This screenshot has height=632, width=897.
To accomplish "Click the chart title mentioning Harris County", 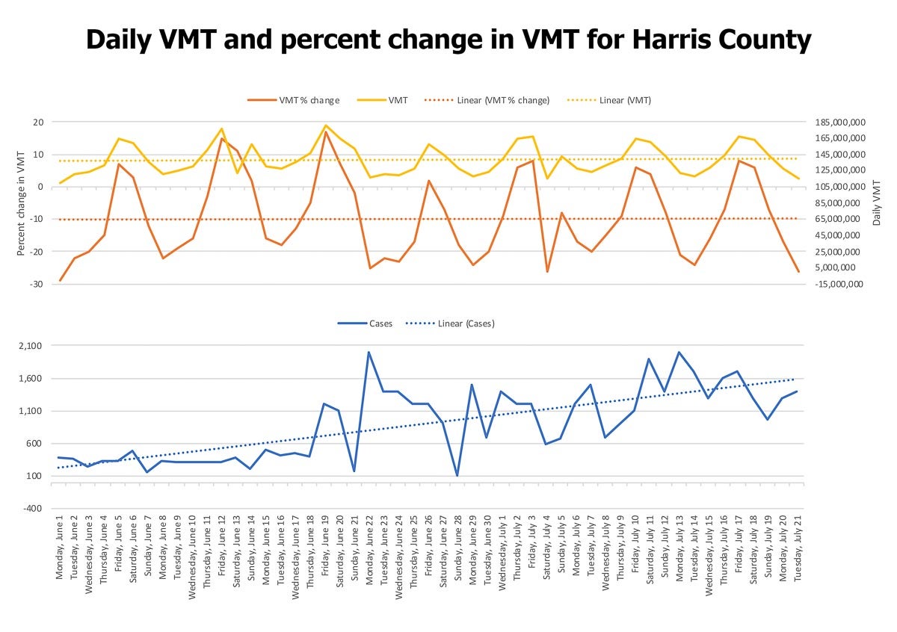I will click(449, 39).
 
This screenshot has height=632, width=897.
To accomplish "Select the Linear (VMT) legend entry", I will click(625, 100).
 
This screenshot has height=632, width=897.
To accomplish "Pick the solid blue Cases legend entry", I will click(377, 323).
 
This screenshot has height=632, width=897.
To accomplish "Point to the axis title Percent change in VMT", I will click(22, 202).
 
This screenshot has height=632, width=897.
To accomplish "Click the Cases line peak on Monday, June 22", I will click(369, 352).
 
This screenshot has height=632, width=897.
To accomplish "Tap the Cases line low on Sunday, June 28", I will click(457, 475).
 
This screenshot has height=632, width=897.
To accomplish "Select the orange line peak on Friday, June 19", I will click(325, 131).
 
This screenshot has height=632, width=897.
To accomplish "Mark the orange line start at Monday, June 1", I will click(60, 281).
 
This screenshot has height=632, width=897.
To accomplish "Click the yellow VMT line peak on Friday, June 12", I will click(222, 128).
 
